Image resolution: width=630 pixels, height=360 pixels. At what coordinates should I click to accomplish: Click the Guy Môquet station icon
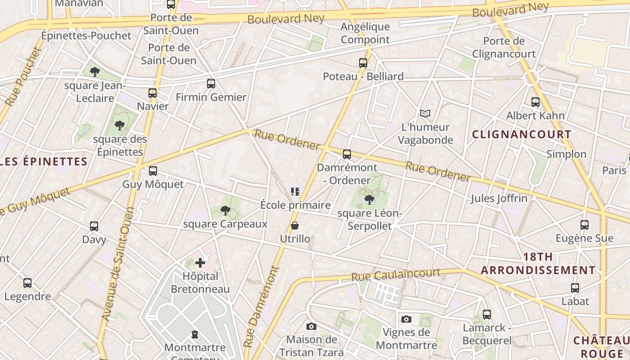tap(153, 171)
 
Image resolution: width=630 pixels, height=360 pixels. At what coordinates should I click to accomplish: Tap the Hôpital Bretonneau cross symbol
tap(200, 262)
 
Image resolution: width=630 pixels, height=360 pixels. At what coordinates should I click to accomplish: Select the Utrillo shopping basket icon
tap(295, 225)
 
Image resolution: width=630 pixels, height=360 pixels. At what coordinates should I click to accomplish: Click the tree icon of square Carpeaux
tap(225, 210)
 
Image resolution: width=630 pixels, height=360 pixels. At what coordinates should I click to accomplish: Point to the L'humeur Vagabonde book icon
tap(425, 113)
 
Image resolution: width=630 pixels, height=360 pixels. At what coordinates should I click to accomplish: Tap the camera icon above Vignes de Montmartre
tap(406, 319)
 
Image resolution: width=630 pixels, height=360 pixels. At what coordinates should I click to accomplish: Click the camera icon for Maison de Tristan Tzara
tap(311, 326)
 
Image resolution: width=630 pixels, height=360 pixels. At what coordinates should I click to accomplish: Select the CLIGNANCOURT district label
tap(522, 134)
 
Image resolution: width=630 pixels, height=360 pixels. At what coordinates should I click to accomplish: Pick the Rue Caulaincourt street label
tap(396, 274)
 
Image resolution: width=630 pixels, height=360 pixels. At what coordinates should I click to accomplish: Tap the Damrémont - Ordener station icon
tap(347, 154)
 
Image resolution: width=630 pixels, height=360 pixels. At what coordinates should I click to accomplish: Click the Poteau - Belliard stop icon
tap(363, 63)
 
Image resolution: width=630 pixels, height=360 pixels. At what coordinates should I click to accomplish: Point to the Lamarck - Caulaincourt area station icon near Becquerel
tap(487, 315)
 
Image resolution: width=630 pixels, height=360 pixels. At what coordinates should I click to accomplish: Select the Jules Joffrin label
tap(499, 198)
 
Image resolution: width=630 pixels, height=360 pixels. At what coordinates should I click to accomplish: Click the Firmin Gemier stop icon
tap(211, 83)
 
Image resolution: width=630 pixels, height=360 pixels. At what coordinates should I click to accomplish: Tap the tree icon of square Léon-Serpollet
tap(369, 199)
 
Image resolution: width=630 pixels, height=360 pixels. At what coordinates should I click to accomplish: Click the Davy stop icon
tap(94, 226)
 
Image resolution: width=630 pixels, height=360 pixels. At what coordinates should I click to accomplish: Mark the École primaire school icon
tap(295, 192)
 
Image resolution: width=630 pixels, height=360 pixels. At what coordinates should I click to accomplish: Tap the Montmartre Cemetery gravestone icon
tap(195, 334)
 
